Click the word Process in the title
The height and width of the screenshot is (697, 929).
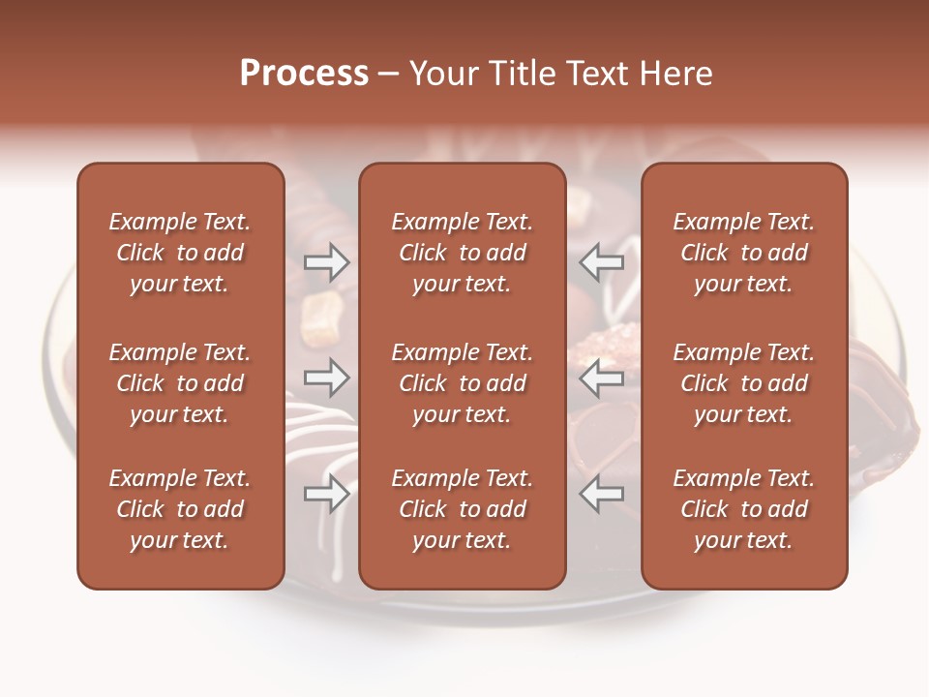click(x=304, y=74)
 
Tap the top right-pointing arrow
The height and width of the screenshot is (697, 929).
click(x=327, y=261)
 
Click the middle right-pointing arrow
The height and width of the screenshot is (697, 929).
click(x=327, y=378)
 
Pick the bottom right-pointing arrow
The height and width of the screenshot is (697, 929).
click(x=327, y=494)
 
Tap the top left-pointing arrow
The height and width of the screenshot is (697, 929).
click(x=602, y=261)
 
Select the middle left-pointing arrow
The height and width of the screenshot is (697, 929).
click(x=602, y=378)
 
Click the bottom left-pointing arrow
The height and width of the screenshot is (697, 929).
click(x=602, y=494)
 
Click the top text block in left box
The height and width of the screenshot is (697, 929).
click(x=180, y=253)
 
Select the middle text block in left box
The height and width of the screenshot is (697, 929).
click(x=180, y=383)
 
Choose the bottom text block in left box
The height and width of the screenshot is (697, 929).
click(x=180, y=509)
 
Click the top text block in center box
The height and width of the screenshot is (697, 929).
click(x=462, y=253)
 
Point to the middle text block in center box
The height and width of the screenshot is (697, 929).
click(x=462, y=383)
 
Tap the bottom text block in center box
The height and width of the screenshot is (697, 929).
click(x=462, y=509)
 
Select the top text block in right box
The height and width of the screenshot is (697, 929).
click(x=743, y=253)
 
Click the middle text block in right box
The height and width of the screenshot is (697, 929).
click(x=743, y=383)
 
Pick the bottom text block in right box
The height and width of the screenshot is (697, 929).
click(x=743, y=509)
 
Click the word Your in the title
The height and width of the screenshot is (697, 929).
click(x=440, y=74)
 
